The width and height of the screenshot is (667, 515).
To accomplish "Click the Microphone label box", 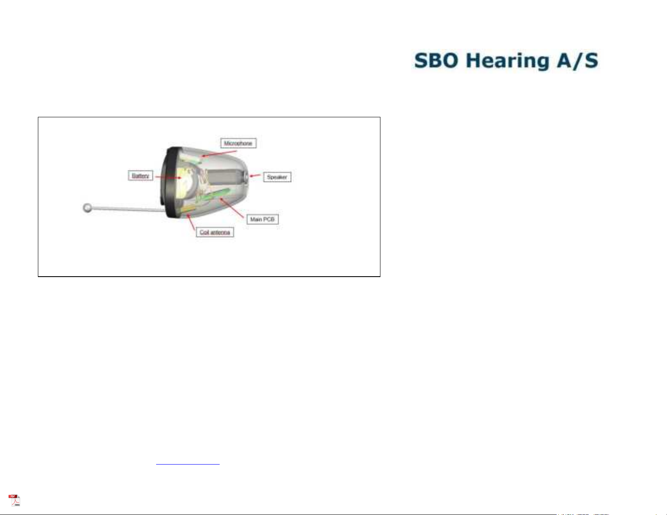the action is pyautogui.click(x=238, y=143).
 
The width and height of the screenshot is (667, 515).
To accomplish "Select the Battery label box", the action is pyautogui.click(x=140, y=176).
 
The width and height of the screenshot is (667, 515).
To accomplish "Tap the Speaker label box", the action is pyautogui.click(x=277, y=177).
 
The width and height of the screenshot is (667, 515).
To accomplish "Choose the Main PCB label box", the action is pyautogui.click(x=263, y=219).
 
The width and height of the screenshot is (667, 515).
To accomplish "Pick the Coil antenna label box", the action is pyautogui.click(x=215, y=232).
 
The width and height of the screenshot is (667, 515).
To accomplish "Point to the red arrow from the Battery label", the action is pyautogui.click(x=168, y=177).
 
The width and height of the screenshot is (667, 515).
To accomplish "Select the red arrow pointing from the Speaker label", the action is pyautogui.click(x=255, y=176).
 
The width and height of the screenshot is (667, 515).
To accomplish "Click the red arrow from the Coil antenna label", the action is pyautogui.click(x=191, y=222).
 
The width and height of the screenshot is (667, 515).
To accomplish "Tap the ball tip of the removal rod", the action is pyautogui.click(x=88, y=208).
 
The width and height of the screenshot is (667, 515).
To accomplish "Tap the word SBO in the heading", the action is pyautogui.click(x=436, y=61).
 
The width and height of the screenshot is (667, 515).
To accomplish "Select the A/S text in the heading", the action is pyautogui.click(x=577, y=61).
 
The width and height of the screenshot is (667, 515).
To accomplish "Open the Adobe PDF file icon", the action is pyautogui.click(x=14, y=500).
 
